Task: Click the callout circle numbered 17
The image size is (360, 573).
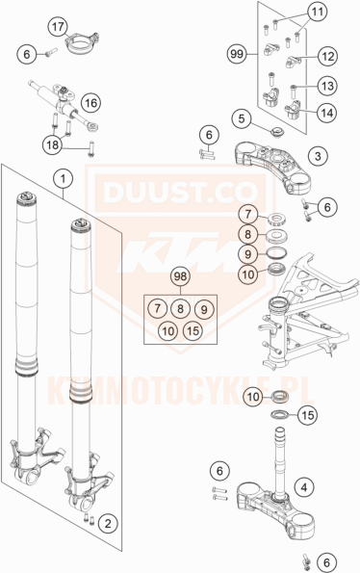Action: pyautogui.click(x=30, y=25)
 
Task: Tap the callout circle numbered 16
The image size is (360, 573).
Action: pyautogui.click(x=90, y=102)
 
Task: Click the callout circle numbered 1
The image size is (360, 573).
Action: pyautogui.click(x=64, y=178)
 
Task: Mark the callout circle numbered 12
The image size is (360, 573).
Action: pyautogui.click(x=327, y=57)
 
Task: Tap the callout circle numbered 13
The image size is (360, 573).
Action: pyautogui.click(x=327, y=86)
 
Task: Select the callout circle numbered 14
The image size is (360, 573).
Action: pyautogui.click(x=327, y=111)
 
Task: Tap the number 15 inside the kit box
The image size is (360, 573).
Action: pyautogui.click(x=192, y=331)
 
